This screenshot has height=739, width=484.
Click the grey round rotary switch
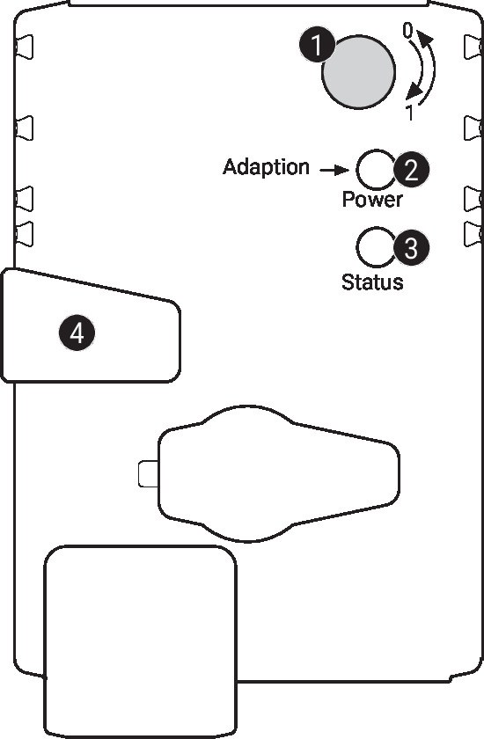pos(358,71)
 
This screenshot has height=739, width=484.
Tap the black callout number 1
pos(317,45)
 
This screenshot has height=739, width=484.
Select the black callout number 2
pos(412,170)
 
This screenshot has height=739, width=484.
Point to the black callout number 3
pos(411,246)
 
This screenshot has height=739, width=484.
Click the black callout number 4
pos(77,333)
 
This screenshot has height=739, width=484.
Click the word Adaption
pos(266,167)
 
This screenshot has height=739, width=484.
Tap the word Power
pos(372,200)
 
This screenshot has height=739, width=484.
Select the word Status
pos(372,282)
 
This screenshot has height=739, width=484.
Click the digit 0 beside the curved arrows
pos(407,31)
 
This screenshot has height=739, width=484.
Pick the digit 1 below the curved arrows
pos(410,113)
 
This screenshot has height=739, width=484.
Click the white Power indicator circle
pos(376,170)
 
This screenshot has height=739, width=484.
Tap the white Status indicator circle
pos(376,247)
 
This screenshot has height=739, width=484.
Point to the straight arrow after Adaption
pos(334,170)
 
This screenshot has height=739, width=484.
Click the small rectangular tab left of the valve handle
pos(149,473)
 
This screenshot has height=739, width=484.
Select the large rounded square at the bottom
pos(141,642)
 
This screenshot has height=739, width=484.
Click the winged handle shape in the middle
pos(279,473)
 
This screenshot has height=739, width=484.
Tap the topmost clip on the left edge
pos(25,47)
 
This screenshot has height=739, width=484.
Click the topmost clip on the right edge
pos(473,47)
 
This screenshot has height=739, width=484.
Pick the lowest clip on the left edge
pos(25,234)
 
